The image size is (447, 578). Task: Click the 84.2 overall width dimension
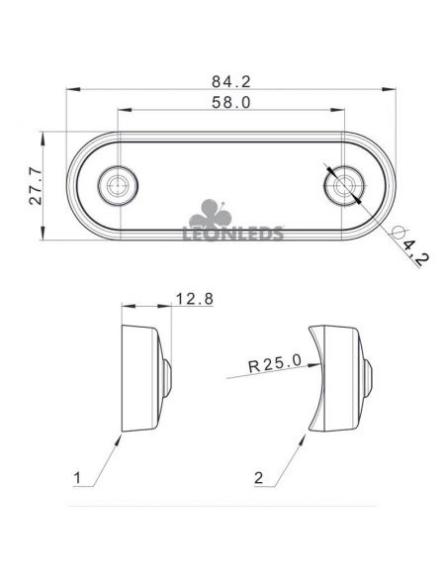230,81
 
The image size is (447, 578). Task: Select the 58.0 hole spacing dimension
230,103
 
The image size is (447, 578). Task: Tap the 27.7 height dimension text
36,185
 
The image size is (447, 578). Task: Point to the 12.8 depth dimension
195,299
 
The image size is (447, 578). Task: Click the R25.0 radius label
275,363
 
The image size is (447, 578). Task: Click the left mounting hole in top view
118,185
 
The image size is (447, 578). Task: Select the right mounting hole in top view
344,185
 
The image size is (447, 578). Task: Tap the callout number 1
77,478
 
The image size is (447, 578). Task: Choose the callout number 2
259,478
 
